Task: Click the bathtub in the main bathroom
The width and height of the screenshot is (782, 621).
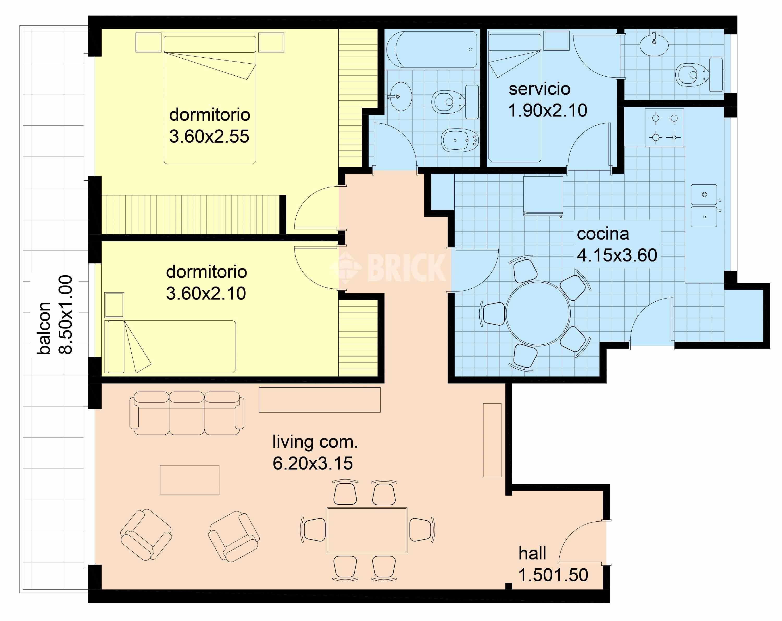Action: (x=432, y=50)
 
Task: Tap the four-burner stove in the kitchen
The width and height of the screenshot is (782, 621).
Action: (x=664, y=128)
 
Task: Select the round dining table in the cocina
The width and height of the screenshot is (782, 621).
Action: (x=538, y=313)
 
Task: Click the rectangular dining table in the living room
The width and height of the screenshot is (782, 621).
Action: (x=367, y=530)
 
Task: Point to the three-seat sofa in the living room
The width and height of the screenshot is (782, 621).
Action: (x=187, y=413)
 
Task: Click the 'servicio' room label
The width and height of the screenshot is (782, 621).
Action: (x=539, y=89)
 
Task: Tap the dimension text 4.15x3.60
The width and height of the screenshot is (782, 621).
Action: (x=617, y=255)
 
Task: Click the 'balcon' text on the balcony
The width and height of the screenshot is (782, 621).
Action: (x=44, y=328)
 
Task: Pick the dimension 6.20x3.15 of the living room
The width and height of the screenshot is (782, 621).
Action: (x=313, y=463)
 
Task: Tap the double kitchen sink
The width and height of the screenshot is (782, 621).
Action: (x=704, y=206)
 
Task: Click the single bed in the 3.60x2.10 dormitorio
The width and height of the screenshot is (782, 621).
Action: (x=170, y=347)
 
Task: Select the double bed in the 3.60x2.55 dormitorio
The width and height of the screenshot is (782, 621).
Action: (x=210, y=98)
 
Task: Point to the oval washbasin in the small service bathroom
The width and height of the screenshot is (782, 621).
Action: (x=654, y=45)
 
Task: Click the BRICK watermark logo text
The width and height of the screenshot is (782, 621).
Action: (x=407, y=268)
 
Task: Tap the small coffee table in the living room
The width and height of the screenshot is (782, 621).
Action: (x=190, y=480)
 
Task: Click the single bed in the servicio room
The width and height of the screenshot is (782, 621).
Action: (x=514, y=96)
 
